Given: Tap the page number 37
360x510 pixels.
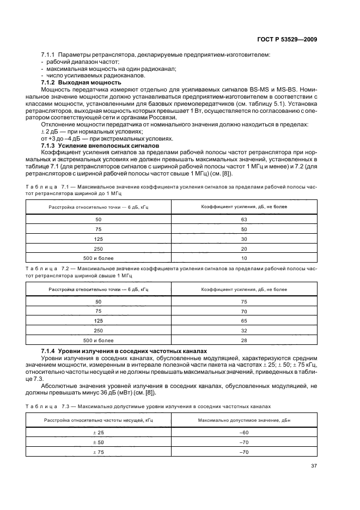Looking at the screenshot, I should tap(314, 465).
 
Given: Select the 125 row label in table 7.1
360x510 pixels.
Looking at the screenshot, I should tap(98, 239).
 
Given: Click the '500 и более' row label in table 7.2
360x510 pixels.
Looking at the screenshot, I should tap(98, 340).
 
